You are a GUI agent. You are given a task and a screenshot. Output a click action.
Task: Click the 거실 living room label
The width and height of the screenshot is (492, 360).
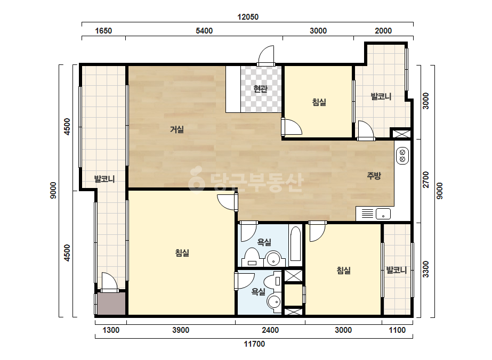[x=176, y=129]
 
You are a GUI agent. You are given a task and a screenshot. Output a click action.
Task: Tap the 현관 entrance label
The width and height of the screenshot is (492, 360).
[x=261, y=89]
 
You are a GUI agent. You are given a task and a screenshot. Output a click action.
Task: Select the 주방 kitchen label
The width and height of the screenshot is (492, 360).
[x=374, y=176]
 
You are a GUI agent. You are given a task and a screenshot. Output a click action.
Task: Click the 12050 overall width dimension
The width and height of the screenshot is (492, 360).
[x=248, y=17]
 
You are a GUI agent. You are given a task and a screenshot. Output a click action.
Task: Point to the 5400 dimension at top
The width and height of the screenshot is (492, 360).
[x=204, y=31]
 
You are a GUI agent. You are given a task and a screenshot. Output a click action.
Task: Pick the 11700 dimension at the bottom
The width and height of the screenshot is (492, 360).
[x=254, y=344]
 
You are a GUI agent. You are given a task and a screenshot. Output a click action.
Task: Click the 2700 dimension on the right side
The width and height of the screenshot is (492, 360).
[x=425, y=179]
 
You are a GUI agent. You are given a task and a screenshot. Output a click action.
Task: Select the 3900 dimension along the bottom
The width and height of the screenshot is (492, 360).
[x=181, y=330]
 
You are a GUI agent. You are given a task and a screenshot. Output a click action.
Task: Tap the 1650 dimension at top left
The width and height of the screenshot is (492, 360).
[x=103, y=31]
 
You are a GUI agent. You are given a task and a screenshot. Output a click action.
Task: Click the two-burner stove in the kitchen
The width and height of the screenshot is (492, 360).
[x=402, y=156]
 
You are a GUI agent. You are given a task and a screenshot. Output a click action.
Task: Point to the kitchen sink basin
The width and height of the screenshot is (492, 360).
[x=383, y=214]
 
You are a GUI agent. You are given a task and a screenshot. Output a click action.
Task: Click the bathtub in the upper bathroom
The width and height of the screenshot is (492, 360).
[x=296, y=244]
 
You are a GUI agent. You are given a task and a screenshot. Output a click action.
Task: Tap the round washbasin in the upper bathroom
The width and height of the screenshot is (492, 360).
[x=273, y=259]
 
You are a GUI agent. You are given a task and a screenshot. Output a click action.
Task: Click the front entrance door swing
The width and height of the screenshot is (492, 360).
[x=266, y=55]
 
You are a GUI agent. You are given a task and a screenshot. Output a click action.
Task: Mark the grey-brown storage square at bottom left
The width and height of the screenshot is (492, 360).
[x=111, y=304]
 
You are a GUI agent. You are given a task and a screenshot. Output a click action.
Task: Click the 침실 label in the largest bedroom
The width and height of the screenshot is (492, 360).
[x=182, y=253]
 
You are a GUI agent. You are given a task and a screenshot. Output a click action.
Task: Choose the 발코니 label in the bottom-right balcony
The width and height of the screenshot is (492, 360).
[x=396, y=270]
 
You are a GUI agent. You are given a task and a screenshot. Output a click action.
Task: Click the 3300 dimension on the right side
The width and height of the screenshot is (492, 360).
[x=425, y=269]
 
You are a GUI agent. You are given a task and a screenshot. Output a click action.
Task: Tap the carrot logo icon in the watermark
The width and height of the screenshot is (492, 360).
[x=196, y=179]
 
